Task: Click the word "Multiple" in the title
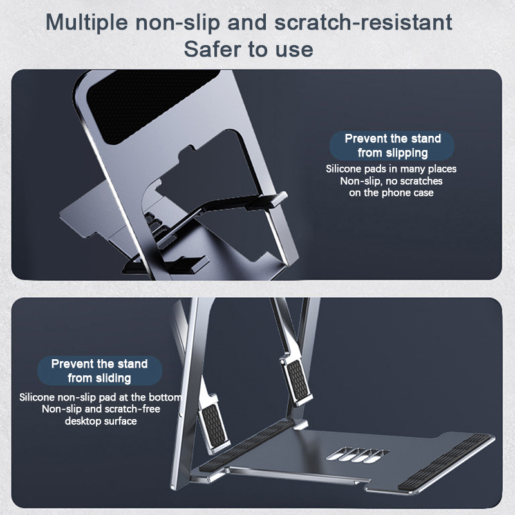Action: pyautogui.click(x=87, y=23)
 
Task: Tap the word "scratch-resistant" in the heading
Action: pyautogui.click(x=363, y=23)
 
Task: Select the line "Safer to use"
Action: pyautogui.click(x=248, y=50)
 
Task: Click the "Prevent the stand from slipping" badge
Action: pyautogui.click(x=392, y=146)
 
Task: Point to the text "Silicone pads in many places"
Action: pyautogui.click(x=391, y=169)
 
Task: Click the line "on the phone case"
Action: pyautogui.click(x=391, y=192)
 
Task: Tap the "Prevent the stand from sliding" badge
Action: pyautogui.click(x=100, y=371)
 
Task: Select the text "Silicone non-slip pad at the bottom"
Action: pyautogui.click(x=100, y=397)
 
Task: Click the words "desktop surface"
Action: pyautogui.click(x=101, y=421)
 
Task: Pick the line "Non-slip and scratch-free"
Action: pyautogui.click(x=101, y=409)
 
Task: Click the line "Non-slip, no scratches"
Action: pyautogui.click(x=391, y=181)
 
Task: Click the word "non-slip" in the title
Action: pyautogui.click(x=178, y=23)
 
